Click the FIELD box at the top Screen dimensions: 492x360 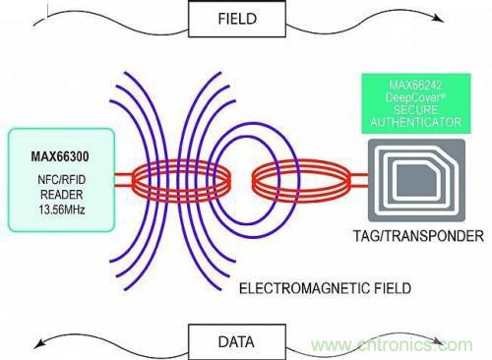coord(237,19)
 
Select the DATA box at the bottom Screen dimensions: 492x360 coord(237,342)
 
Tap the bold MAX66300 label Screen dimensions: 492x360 coord(60,156)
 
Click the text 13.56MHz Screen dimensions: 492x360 coord(62,210)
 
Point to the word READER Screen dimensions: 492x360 coord(61,195)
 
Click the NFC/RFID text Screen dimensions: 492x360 coord(62,180)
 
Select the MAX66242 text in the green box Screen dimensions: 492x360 coord(415,86)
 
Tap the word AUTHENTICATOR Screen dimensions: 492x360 coord(416,122)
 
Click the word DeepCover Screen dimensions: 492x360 coord(414,97)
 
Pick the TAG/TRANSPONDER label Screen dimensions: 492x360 coord(418,236)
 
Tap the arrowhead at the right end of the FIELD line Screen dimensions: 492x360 coord(438,18)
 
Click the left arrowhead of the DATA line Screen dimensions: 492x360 coord(40,343)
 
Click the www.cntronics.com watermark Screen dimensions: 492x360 coord(392,345)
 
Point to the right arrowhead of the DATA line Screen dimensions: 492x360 coord(438,341)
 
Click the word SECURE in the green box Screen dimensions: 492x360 coord(415,110)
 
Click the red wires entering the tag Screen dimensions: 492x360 coord(359,180)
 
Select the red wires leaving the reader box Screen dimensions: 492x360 coord(124,180)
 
